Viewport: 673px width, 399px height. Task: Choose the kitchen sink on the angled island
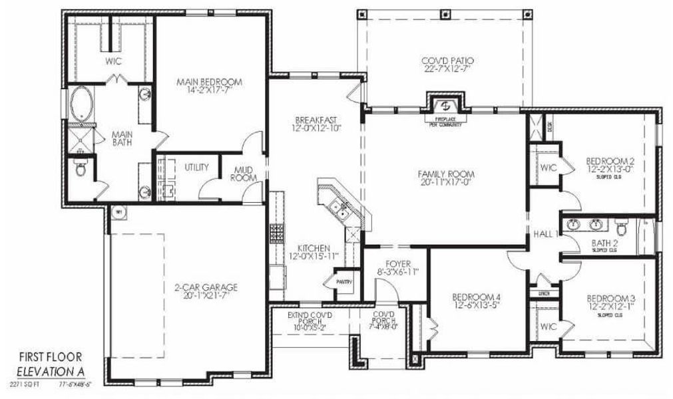tap(342, 212)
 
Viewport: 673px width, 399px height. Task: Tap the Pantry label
tap(343, 282)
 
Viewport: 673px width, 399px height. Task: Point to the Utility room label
tap(197, 167)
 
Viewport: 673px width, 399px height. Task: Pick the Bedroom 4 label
tap(477, 301)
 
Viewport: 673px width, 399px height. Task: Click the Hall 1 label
tap(545, 233)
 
